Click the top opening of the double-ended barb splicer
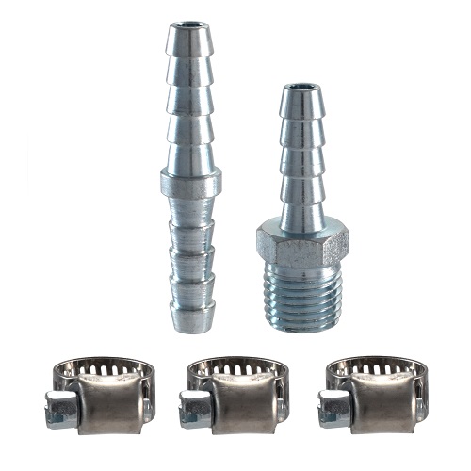pyautogui.click(x=189, y=25)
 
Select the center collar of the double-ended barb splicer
pyautogui.click(x=190, y=181)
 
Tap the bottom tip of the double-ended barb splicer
pyautogui.click(x=191, y=325)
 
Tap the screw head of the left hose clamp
pyautogui.click(x=59, y=411)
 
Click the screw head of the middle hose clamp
pyautogui.click(x=194, y=411)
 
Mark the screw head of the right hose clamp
pyautogui.click(x=333, y=411)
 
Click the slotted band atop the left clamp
pyautogui.click(x=104, y=367)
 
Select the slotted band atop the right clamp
pyautogui.click(x=377, y=367)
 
